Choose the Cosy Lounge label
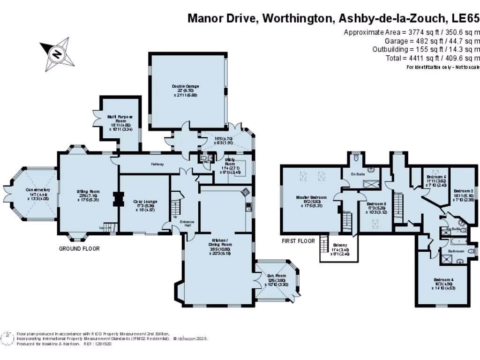click(x=144, y=202)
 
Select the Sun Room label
click(x=275, y=276)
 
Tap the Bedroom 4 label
click(x=443, y=279)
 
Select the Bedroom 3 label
click(x=376, y=204)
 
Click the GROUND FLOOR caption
click(x=79, y=249)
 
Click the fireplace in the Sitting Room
click(x=116, y=199)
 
